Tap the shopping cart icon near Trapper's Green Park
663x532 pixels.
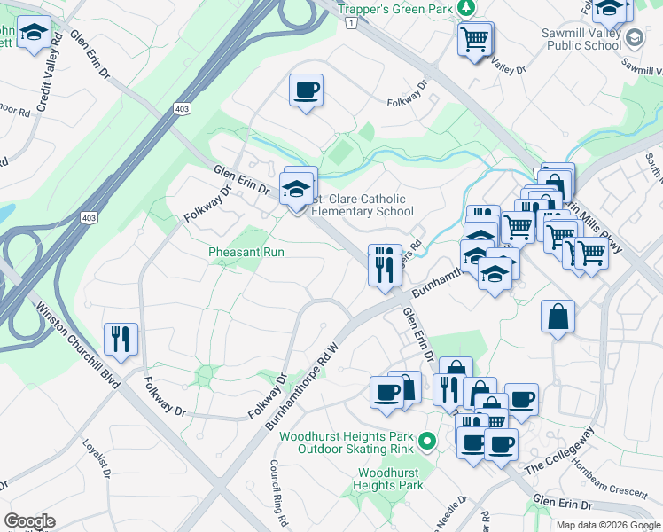pos(475,38)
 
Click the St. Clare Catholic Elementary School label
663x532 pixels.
pos(362,205)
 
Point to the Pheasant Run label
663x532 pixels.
pos(246,252)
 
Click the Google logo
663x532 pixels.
pos(30,521)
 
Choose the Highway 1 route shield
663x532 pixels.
pos(352,21)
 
